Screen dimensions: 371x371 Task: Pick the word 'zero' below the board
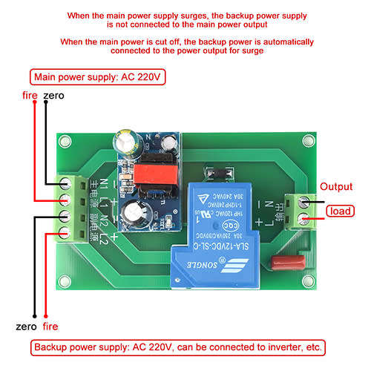click(27, 326)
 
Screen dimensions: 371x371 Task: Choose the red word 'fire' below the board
click(51, 326)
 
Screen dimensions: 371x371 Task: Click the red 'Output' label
click(335, 186)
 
